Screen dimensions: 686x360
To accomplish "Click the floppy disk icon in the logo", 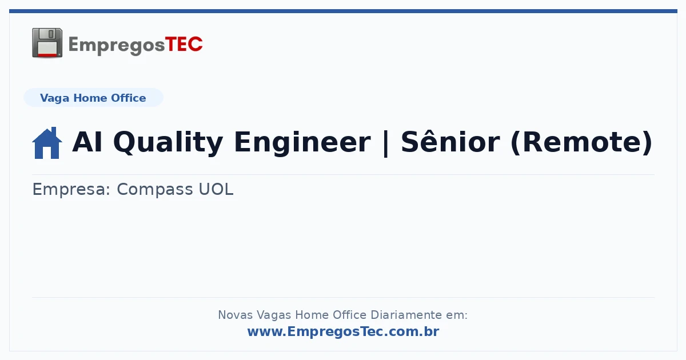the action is tap(47, 43).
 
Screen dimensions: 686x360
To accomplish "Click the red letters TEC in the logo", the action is tap(184, 45).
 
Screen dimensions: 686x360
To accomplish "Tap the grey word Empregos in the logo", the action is tap(117, 46).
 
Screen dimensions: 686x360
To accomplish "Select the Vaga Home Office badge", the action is tap(93, 98).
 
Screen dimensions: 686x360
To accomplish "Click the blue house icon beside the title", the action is tap(47, 143).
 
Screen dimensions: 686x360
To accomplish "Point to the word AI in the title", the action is tap(87, 142).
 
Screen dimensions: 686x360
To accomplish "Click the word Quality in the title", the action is tap(168, 143).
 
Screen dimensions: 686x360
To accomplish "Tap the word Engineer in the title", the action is tap(302, 143).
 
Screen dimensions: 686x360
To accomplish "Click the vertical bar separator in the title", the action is tap(386, 143).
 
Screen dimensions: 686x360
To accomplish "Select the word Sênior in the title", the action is tap(450, 142).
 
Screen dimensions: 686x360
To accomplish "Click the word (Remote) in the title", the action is tap(581, 143).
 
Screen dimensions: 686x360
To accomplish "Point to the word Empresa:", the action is tap(71, 190).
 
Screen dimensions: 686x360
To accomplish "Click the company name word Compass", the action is tap(155, 190).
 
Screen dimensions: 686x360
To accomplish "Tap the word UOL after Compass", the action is tap(216, 189).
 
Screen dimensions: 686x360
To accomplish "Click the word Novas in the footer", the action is tap(235, 315).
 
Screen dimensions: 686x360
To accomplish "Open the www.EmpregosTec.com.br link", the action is tap(344, 332).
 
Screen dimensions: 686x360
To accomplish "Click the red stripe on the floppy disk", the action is tap(47, 55).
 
